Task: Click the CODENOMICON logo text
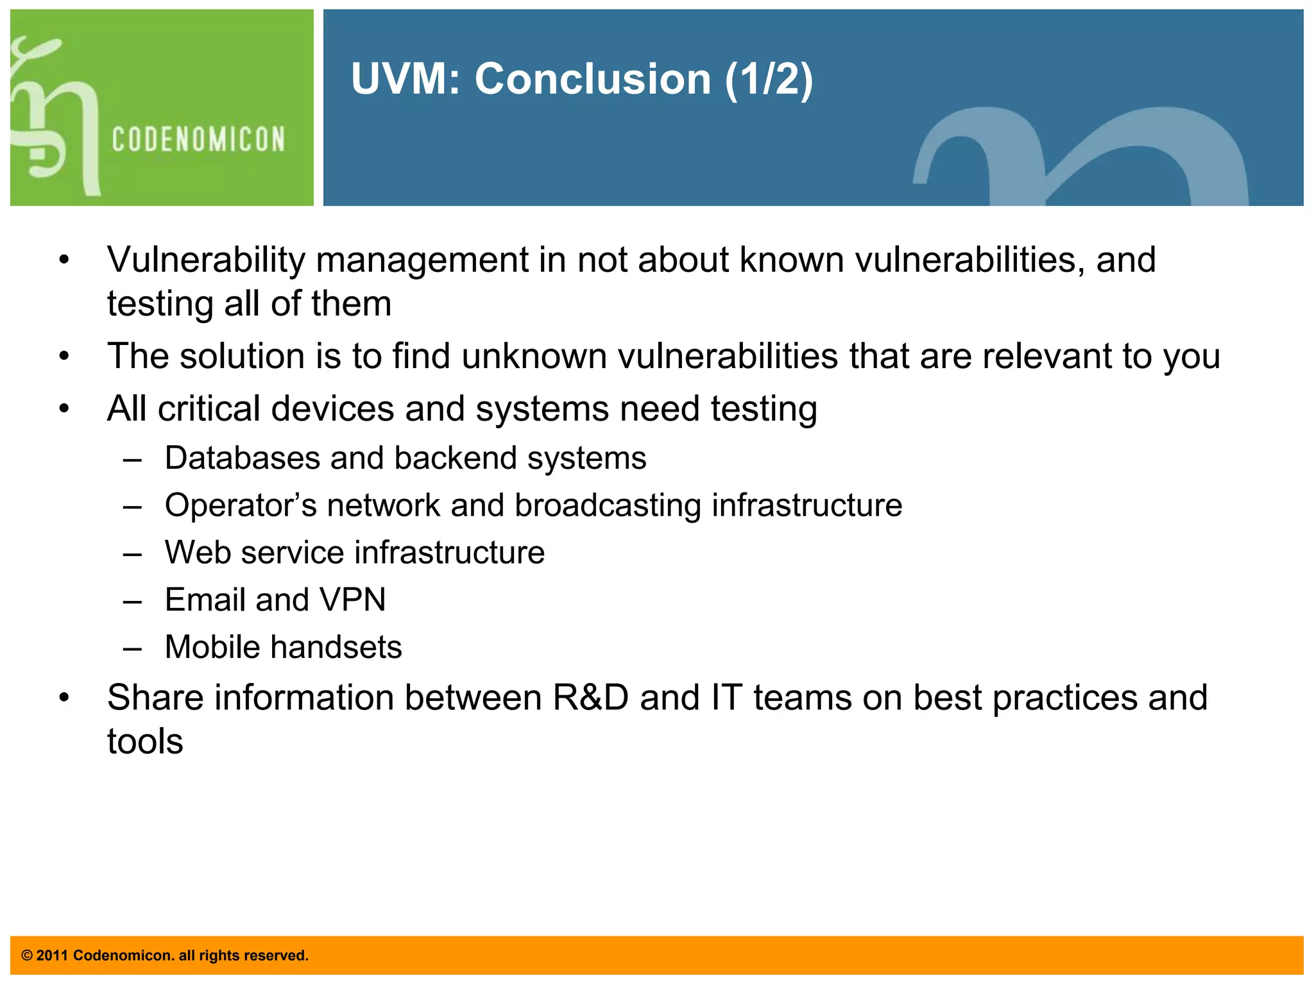pyautogui.click(x=198, y=139)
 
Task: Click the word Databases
pyautogui.click(x=242, y=459)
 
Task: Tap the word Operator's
pyautogui.click(x=241, y=505)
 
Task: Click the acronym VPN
pyautogui.click(x=352, y=600)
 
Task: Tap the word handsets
pyautogui.click(x=341, y=647)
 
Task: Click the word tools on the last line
pyautogui.click(x=145, y=742)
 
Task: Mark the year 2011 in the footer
pyautogui.click(x=52, y=956)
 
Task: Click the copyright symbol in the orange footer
pyautogui.click(x=27, y=956)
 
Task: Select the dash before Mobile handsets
pyautogui.click(x=132, y=648)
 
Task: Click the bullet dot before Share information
pyautogui.click(x=64, y=698)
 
